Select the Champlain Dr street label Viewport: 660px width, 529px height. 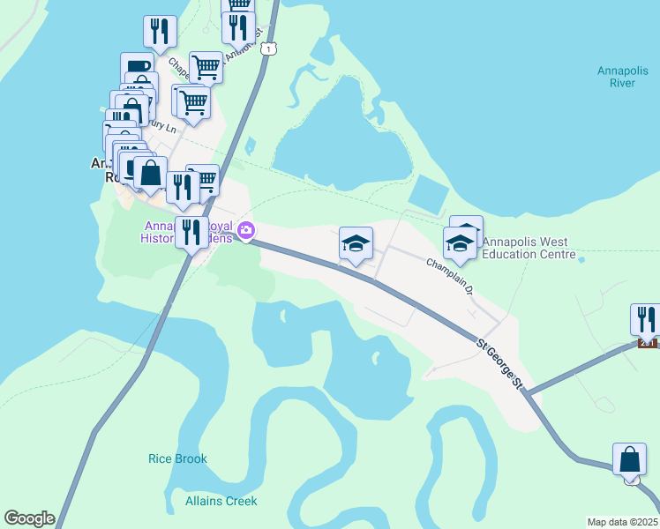(x=452, y=274)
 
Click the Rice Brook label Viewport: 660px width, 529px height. (x=178, y=458)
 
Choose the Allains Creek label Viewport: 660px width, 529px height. (x=221, y=501)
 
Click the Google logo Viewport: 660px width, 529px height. (x=29, y=518)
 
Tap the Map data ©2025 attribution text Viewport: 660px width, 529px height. (x=623, y=522)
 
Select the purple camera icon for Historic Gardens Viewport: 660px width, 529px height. (x=245, y=232)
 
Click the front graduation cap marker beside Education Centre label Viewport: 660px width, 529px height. (x=460, y=244)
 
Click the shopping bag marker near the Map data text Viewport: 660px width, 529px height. (x=630, y=458)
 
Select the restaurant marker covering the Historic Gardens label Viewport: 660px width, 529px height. (x=191, y=233)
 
